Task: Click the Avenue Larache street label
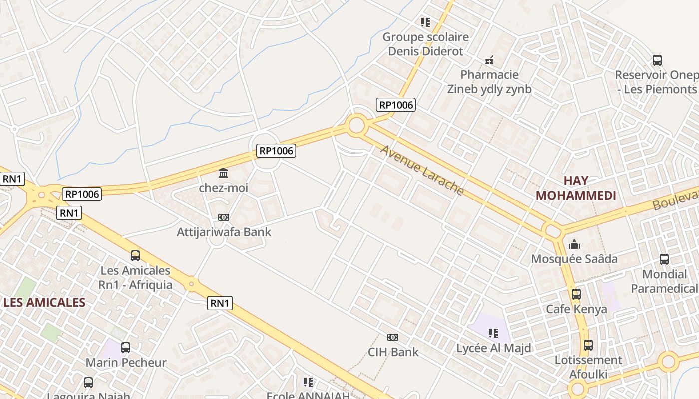point(422,170)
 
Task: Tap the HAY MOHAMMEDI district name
point(576,188)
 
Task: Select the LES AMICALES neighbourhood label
point(44,302)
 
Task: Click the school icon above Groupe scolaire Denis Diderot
point(425,22)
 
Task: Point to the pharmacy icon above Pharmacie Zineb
point(489,60)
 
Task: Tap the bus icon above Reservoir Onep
point(657,60)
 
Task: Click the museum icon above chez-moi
point(223,173)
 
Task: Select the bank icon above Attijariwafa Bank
point(223,217)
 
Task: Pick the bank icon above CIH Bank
point(393,337)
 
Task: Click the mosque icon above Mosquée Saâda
point(574,244)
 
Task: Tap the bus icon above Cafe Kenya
point(576,294)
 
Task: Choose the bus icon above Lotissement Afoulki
point(588,345)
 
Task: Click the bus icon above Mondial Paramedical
point(664,259)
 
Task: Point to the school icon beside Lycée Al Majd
point(493,333)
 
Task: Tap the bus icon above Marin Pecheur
point(126,347)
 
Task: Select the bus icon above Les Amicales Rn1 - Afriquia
point(135,256)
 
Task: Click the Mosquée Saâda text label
point(574,259)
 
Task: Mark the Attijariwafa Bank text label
point(224,232)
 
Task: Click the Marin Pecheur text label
point(126,362)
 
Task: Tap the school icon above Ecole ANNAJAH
point(308,382)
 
